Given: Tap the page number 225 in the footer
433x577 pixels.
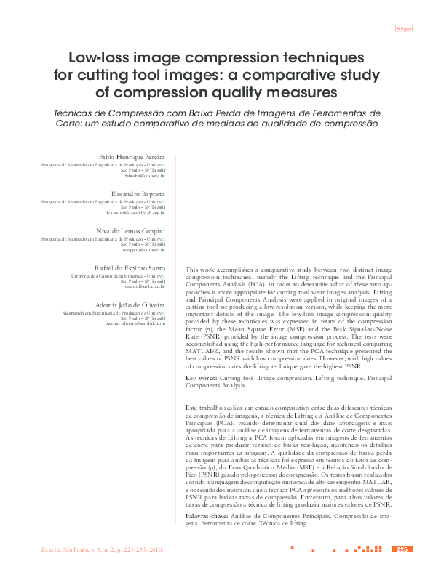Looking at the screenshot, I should (401, 549).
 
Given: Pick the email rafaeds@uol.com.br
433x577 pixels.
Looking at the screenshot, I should (144, 287).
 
